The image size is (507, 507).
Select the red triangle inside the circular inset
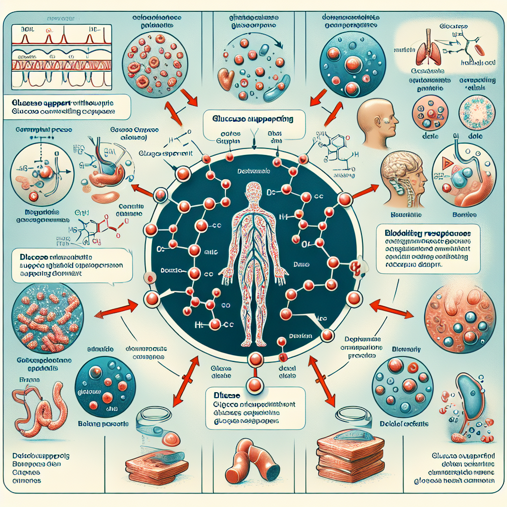pyautogui.click(x=444, y=165)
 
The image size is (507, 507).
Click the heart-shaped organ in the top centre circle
pyautogui.click(x=229, y=78)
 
